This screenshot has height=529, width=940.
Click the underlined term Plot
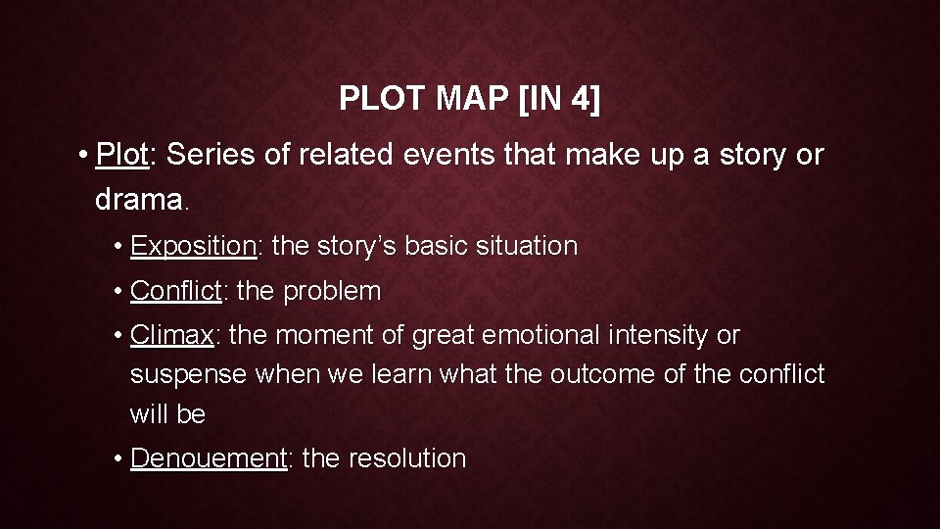[x=122, y=155]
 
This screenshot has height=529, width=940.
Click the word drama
[x=138, y=200]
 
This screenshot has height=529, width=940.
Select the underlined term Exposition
[x=193, y=246]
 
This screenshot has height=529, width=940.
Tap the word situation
[x=529, y=246]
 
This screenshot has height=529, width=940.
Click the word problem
[x=332, y=291]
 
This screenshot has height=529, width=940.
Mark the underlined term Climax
[x=172, y=335]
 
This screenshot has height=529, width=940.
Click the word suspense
[x=188, y=374]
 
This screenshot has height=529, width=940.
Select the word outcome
[x=598, y=374]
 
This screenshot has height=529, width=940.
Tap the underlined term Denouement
[x=209, y=457]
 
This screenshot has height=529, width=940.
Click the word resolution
[x=407, y=457]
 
